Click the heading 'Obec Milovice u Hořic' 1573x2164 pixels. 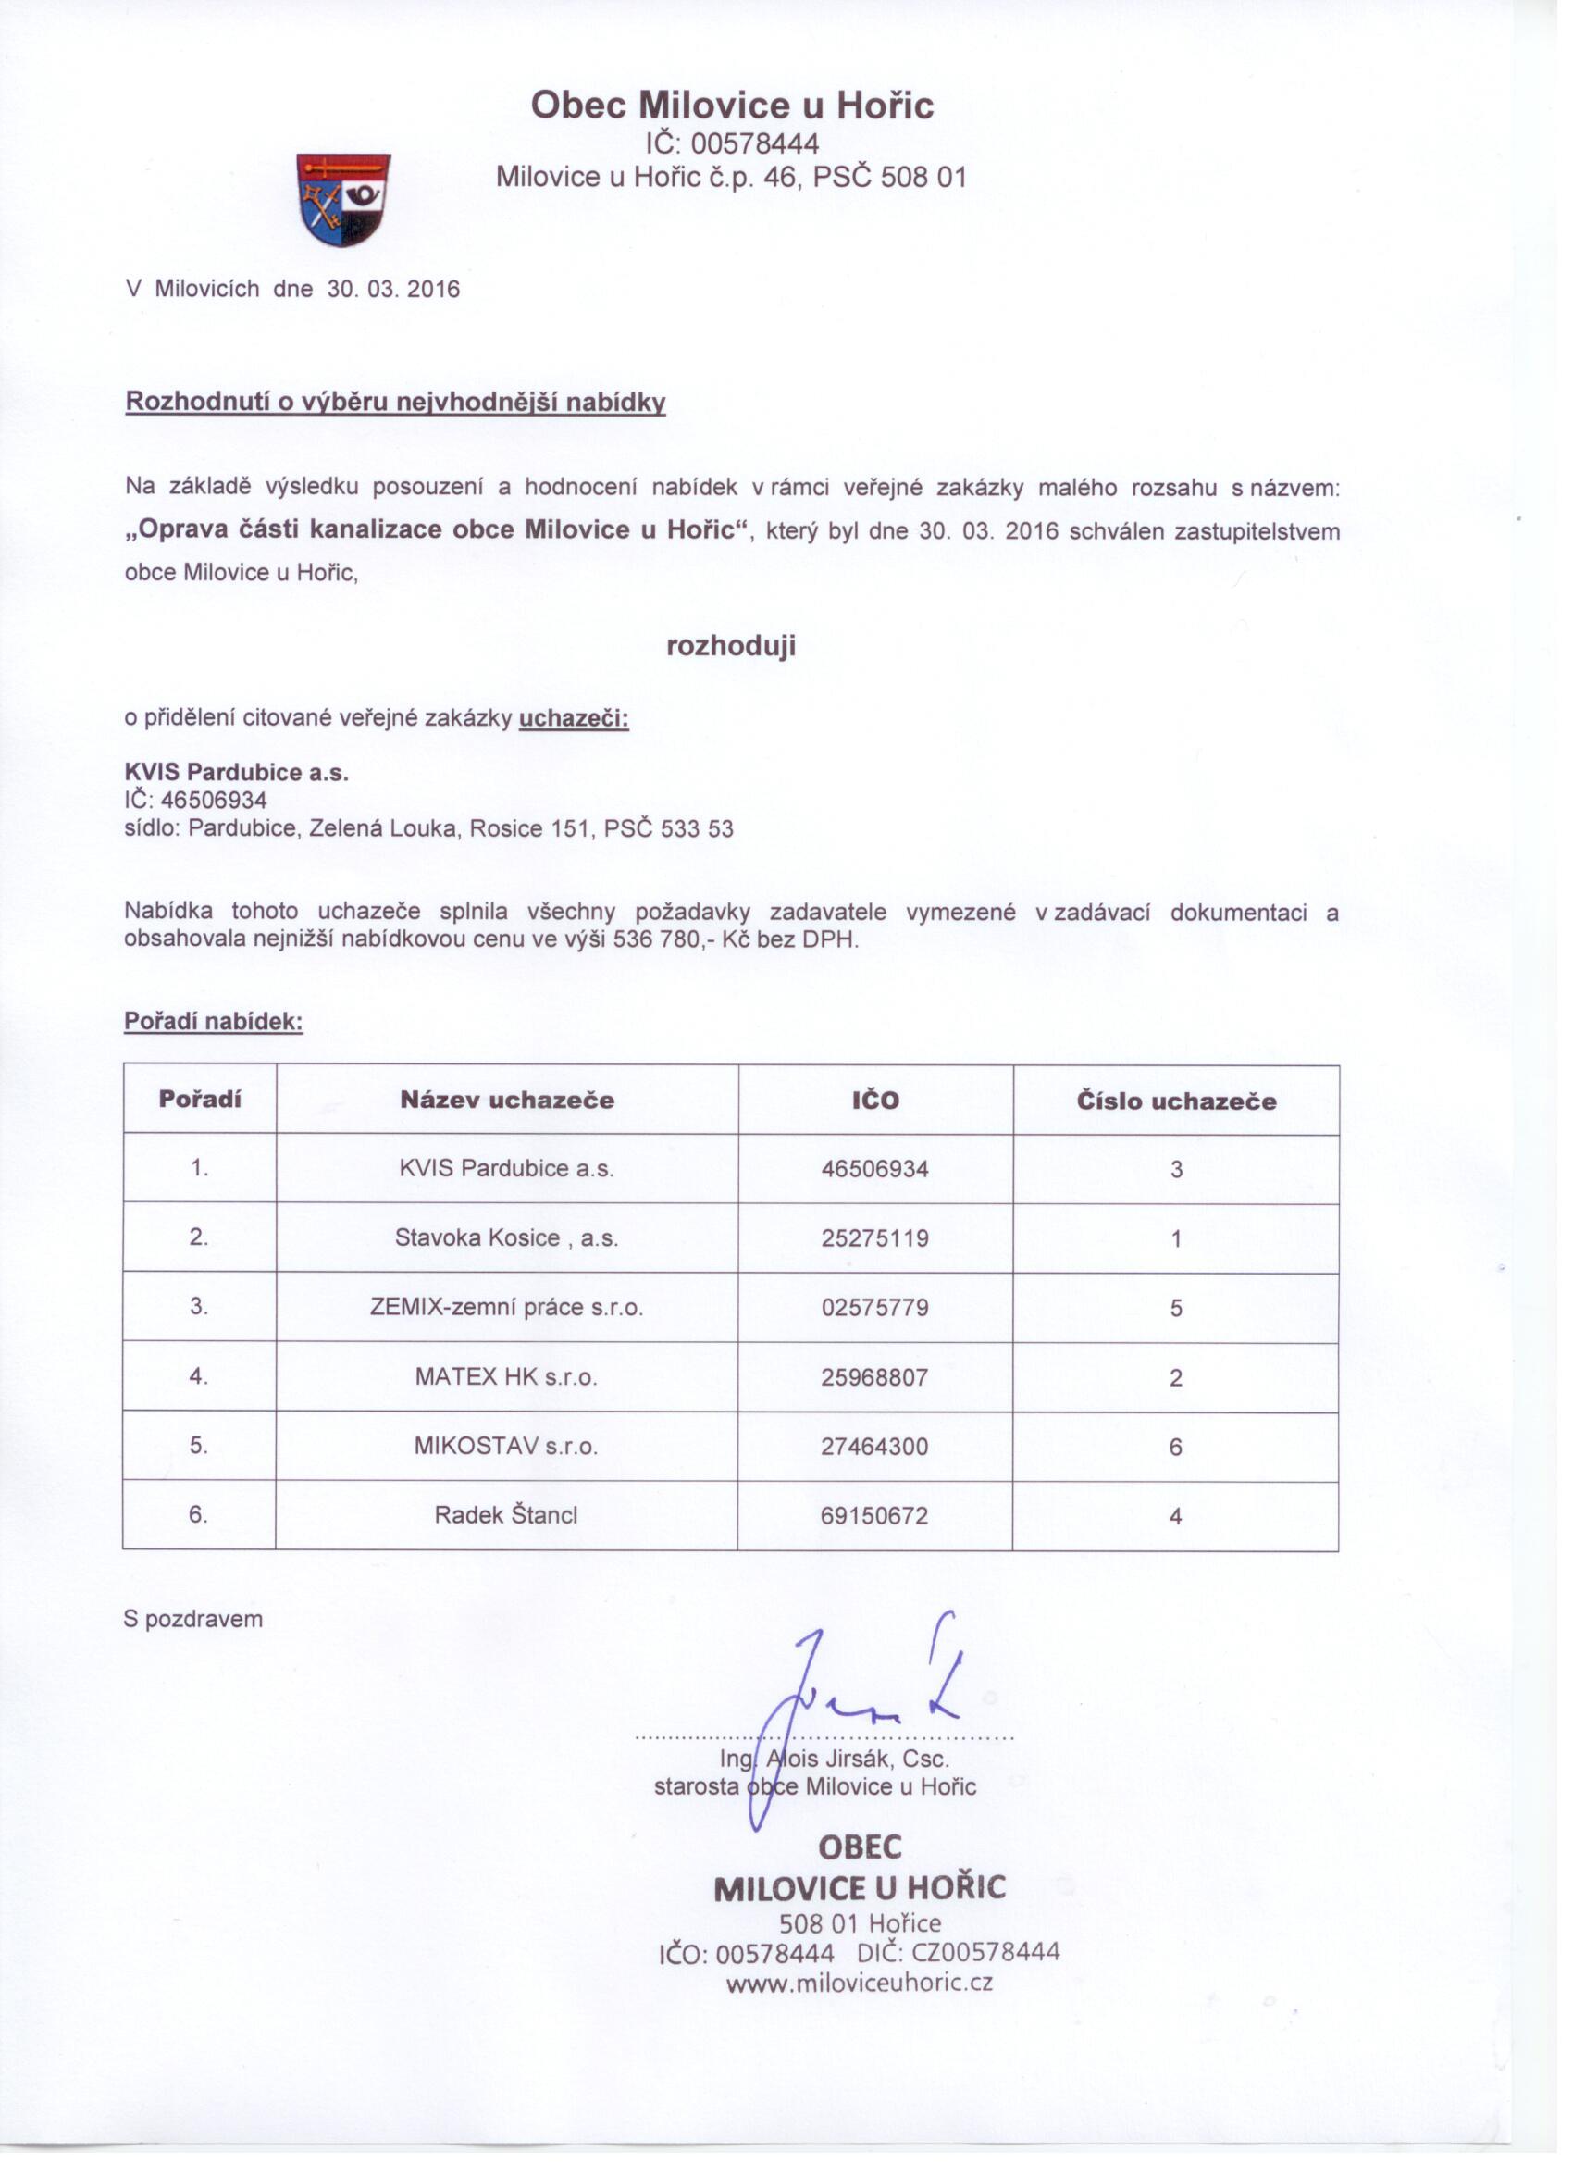[x=732, y=105]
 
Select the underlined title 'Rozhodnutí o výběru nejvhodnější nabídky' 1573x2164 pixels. [x=395, y=402]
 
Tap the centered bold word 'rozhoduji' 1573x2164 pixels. [x=731, y=647]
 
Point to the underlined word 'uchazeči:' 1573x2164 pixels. [x=574, y=718]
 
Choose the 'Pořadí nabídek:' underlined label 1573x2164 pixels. [x=214, y=1022]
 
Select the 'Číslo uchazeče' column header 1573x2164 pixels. [x=1176, y=1101]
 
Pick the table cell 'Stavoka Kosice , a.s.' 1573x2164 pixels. [x=506, y=1238]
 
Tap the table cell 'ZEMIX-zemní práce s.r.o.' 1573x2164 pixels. [x=506, y=1307]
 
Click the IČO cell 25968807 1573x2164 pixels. [x=874, y=1377]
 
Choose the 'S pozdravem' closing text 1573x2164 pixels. [x=192, y=1619]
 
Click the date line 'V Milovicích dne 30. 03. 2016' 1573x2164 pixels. [x=292, y=289]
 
